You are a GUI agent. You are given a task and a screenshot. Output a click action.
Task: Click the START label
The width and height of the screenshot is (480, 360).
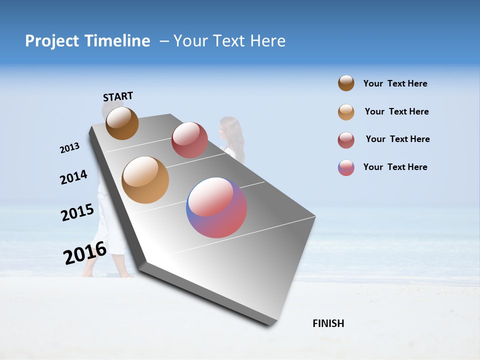(x=118, y=96)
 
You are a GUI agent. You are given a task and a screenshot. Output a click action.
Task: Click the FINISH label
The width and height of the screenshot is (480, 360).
(x=328, y=323)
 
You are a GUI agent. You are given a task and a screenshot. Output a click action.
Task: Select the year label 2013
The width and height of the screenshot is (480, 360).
(x=70, y=148)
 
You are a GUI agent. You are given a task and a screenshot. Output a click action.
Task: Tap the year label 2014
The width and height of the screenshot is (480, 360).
(x=74, y=177)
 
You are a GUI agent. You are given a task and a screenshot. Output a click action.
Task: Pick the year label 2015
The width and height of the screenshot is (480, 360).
(x=77, y=212)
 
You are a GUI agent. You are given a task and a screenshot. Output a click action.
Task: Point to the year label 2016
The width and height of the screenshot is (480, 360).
(x=85, y=252)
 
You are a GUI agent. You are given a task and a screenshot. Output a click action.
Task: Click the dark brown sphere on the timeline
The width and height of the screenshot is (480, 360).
(x=122, y=123)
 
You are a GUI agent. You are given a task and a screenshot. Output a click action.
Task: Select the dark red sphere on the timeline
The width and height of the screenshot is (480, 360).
(x=189, y=139)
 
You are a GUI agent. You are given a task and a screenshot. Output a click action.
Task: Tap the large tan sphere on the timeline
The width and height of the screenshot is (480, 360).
(x=145, y=180)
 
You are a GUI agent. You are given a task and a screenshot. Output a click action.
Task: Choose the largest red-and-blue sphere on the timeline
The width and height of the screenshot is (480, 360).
(x=216, y=207)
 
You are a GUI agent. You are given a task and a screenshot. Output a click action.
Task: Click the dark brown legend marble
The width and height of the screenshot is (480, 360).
(x=346, y=83)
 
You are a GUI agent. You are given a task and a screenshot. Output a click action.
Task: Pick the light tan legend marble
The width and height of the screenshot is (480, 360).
(x=346, y=112)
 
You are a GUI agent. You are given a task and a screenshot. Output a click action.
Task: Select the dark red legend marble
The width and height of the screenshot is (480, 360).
(x=346, y=140)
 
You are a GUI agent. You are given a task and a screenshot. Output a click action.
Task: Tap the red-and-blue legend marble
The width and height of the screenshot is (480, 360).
(x=346, y=167)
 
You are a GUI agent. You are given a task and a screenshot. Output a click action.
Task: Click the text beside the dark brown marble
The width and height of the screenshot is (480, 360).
(x=395, y=84)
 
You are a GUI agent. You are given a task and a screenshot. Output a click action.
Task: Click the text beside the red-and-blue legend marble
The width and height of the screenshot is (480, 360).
(x=395, y=167)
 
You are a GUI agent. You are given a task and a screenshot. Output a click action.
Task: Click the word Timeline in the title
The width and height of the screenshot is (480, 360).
(x=118, y=41)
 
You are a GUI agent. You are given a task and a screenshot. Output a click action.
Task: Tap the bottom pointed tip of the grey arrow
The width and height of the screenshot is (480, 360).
(x=270, y=325)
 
